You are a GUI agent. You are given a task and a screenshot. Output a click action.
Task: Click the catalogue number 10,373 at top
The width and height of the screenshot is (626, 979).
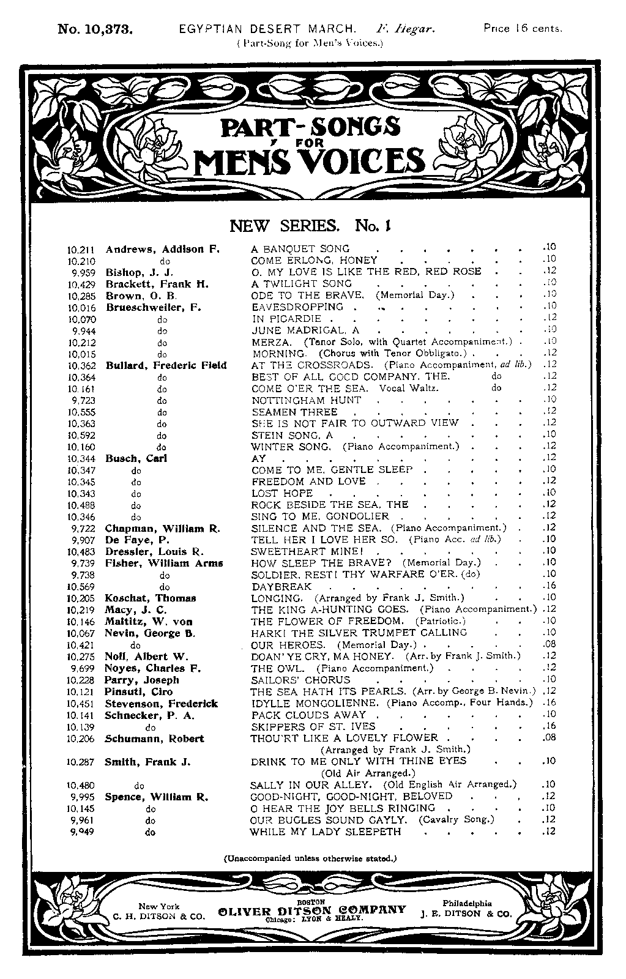pos(95,29)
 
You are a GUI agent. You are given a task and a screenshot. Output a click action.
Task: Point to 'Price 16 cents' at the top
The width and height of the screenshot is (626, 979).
pos(523,28)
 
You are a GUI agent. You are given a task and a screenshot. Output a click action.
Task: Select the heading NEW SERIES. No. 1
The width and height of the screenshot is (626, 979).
pos(310,226)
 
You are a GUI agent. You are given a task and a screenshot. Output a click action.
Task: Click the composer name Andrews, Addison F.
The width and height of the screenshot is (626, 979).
pos(162,249)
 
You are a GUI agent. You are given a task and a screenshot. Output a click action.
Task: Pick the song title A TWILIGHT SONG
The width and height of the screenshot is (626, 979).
pos(302,284)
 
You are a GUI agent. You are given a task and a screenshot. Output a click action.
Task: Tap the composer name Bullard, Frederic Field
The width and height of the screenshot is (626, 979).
pos(166,365)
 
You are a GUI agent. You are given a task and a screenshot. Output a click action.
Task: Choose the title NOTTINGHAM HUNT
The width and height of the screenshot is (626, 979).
pos(307,400)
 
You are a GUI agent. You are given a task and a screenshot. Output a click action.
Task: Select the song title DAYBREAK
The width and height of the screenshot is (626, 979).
pos(281,586)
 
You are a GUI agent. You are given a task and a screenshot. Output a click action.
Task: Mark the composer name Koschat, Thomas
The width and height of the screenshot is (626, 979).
pos(151,598)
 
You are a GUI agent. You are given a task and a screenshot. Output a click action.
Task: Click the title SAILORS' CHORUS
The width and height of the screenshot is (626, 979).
pos(300,680)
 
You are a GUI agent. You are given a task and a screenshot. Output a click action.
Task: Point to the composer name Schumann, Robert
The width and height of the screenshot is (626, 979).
pos(154,739)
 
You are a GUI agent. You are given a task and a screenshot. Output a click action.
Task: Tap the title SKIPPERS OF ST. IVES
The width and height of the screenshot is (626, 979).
pos(313,727)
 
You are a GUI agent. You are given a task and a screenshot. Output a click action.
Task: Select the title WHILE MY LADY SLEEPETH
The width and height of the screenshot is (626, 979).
pos(326,832)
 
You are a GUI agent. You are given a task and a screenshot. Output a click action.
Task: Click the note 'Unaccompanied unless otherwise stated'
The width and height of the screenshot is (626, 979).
pos(310,858)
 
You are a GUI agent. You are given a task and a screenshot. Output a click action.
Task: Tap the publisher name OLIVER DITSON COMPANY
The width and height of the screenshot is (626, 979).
pos(311,910)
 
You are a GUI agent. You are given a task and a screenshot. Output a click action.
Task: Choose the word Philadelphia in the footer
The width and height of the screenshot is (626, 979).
pos(467,903)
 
